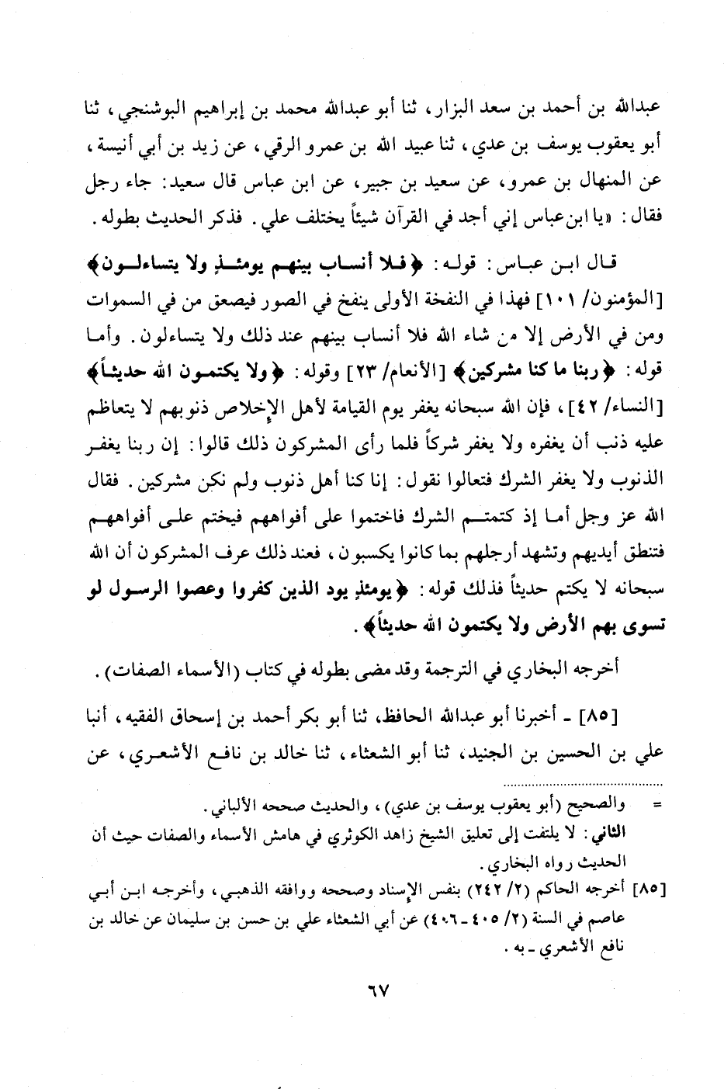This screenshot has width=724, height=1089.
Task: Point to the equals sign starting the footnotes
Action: pyautogui.click(x=657, y=810)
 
